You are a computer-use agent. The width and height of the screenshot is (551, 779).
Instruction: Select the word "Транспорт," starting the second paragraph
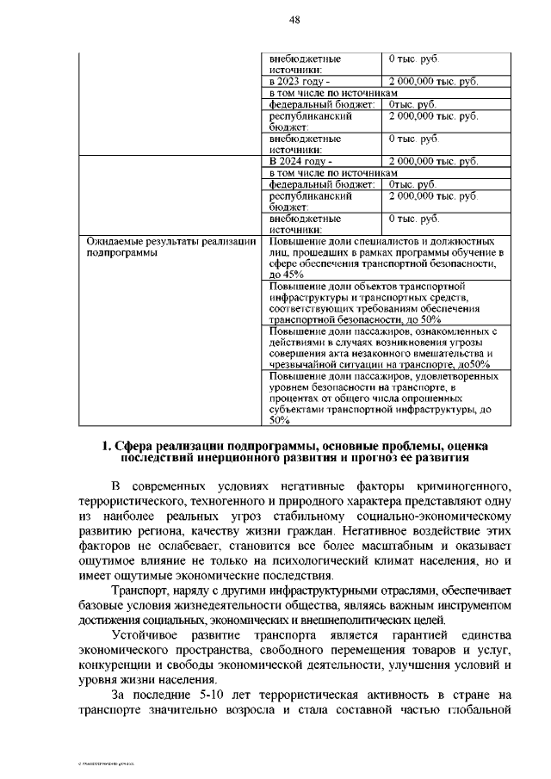pyautogui.click(x=142, y=590)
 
